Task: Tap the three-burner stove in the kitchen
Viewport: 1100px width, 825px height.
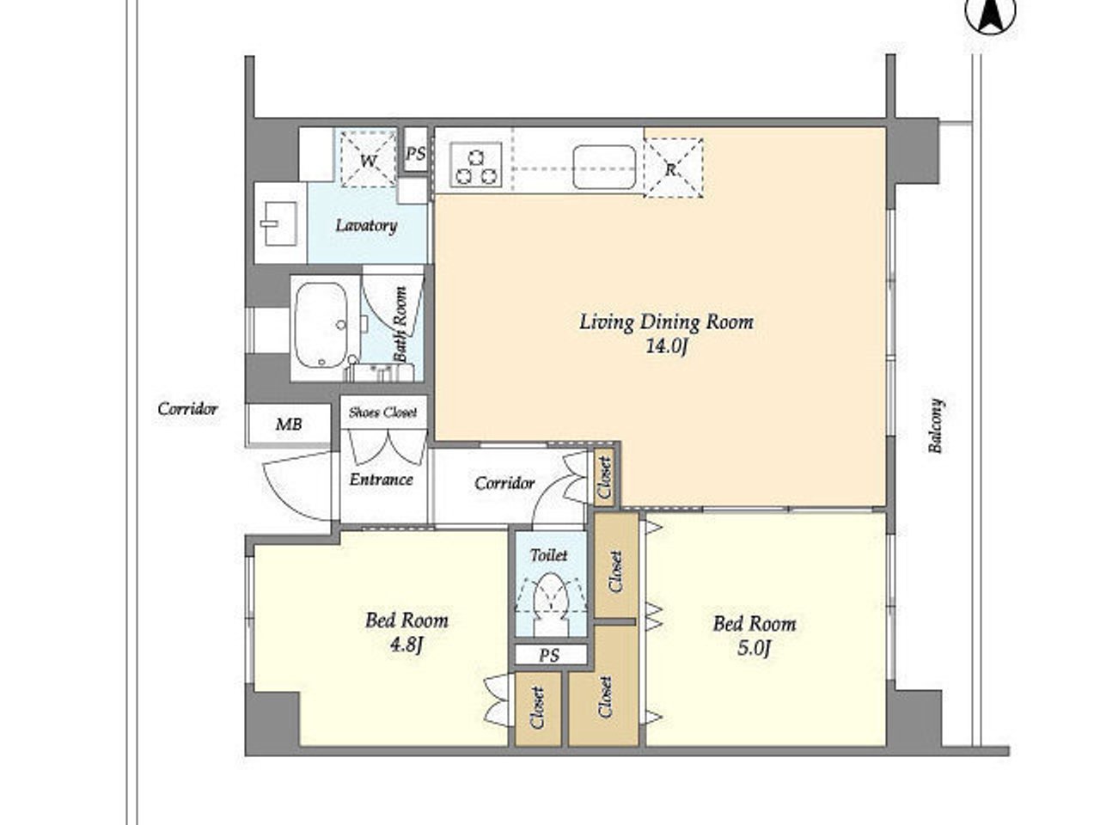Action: (x=475, y=165)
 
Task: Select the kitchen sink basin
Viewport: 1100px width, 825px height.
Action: (x=604, y=168)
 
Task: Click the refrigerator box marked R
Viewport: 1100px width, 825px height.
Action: (x=673, y=168)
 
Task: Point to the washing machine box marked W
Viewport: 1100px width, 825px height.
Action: (x=369, y=160)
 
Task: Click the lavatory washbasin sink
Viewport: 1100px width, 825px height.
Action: (x=279, y=223)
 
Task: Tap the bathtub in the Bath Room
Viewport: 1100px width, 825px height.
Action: (x=321, y=326)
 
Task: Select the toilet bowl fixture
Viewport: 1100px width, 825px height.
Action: (x=550, y=602)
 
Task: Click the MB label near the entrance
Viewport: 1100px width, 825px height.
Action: (x=289, y=425)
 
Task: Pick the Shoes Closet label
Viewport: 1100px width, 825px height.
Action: (x=383, y=412)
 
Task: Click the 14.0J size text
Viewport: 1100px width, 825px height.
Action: (x=666, y=346)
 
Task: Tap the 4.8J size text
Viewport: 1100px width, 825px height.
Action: (x=407, y=645)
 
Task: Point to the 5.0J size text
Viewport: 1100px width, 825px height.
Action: (x=753, y=648)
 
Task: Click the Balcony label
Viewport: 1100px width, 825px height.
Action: (x=936, y=425)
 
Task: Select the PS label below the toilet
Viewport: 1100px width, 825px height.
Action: (x=549, y=655)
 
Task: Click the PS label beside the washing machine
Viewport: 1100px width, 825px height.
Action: (x=415, y=153)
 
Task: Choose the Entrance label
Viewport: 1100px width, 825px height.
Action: (x=381, y=480)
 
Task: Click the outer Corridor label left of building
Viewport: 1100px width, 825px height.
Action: (x=187, y=409)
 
